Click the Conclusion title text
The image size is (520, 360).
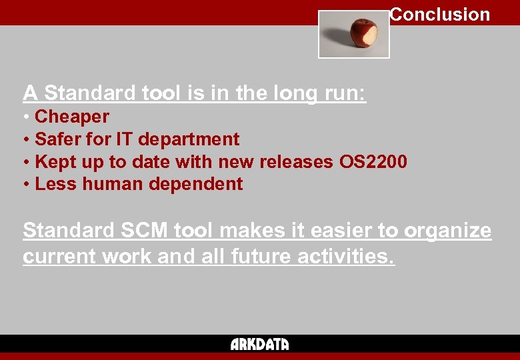[x=440, y=15]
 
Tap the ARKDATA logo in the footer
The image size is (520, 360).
[x=260, y=344]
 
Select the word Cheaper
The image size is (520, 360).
[x=72, y=117]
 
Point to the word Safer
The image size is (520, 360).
[x=58, y=139]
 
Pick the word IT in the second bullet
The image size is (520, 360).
[x=125, y=139]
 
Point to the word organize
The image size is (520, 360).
[x=447, y=231]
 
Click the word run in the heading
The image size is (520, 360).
[x=343, y=93]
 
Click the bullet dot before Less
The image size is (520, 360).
[x=26, y=185]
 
